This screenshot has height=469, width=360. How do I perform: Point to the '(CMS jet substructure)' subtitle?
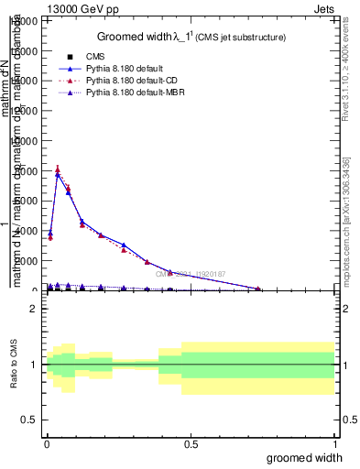pyautogui.click(x=241, y=38)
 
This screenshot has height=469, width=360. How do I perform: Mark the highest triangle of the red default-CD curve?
pyautogui.click(x=58, y=169)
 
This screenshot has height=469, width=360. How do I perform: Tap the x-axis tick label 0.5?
pyautogui.click(x=191, y=443)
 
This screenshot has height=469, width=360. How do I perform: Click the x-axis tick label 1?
pyautogui.click(x=333, y=443)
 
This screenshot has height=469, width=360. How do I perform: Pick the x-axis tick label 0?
pyautogui.click(x=45, y=443)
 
